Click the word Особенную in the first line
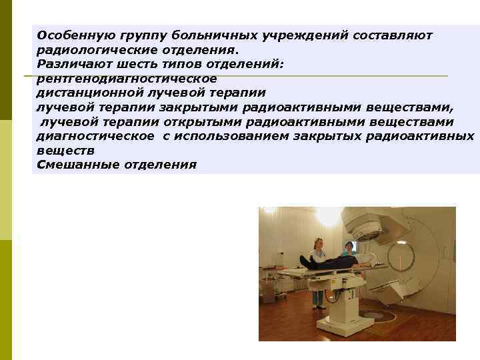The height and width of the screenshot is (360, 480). pos(69,34)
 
